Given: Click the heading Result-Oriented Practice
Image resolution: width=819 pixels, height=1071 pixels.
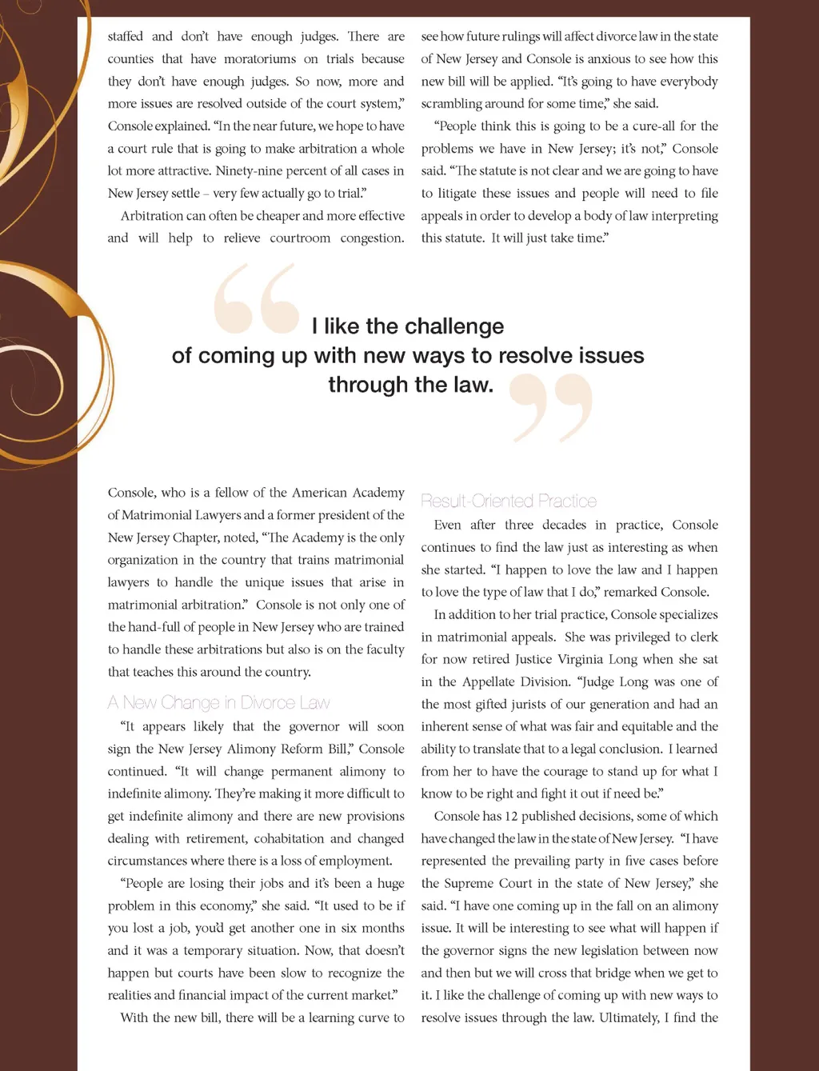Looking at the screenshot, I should pos(509,502).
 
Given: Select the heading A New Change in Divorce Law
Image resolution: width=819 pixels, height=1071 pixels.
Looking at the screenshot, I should pos(218,703).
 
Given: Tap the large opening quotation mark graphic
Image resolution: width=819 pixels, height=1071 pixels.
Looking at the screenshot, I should pos(256,299).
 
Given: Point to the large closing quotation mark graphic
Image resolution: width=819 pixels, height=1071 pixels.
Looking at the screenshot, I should pos(552,408).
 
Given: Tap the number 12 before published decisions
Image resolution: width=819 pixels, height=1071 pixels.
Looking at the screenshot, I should pos(511,817).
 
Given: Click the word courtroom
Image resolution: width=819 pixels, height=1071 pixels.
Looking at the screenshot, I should pos(300,238).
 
